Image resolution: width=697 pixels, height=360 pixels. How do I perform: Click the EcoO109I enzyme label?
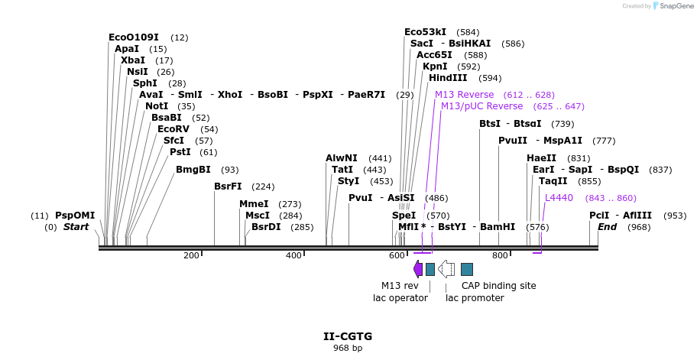point(134,37)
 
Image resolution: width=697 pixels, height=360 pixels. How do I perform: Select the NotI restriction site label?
point(157,105)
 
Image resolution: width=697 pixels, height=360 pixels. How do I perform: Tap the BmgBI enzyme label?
point(193,169)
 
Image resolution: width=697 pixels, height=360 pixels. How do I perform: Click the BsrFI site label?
point(228,186)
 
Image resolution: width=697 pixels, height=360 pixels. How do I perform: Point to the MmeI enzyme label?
point(254,203)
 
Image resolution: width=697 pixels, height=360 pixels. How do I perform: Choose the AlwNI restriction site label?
point(342,157)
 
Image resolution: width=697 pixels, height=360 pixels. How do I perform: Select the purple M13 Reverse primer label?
point(464,94)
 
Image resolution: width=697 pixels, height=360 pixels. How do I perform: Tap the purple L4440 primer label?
point(559,197)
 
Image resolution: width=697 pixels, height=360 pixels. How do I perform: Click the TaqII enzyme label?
point(553,180)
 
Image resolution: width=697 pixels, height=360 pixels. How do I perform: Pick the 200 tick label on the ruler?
point(191,255)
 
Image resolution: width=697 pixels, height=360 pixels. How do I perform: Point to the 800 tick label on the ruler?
point(499,255)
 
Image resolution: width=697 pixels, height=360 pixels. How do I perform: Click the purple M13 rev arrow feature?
point(417,268)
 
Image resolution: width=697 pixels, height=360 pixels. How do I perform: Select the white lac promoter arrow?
point(446,268)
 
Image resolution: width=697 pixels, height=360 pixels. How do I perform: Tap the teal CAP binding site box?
point(467,268)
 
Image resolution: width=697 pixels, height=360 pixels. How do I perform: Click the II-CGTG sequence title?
point(348,336)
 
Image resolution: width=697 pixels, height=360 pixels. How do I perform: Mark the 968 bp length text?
point(348,348)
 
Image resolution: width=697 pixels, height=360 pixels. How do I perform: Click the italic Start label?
point(76,226)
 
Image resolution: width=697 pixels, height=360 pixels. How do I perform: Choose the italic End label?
point(607,226)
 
